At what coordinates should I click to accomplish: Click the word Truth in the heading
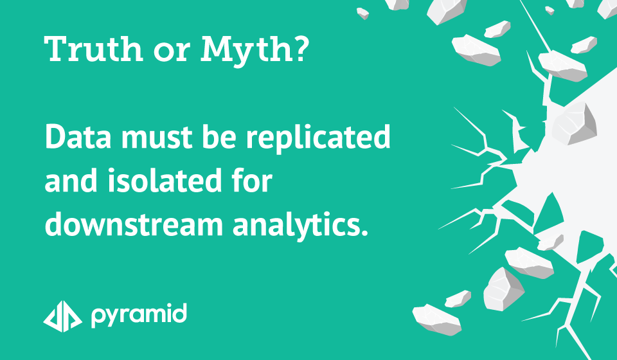(x=94, y=49)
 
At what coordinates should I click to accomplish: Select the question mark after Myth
(x=301, y=49)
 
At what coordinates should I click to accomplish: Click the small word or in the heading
(x=172, y=53)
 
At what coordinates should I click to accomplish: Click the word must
(x=159, y=138)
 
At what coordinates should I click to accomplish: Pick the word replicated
(x=318, y=138)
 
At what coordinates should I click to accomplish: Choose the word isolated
(x=164, y=180)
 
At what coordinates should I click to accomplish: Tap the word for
(x=252, y=180)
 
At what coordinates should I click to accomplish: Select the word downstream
(x=134, y=224)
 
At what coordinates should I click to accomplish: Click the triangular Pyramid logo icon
(x=62, y=316)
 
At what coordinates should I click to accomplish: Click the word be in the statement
(x=221, y=136)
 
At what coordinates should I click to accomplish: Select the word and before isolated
(x=71, y=180)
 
